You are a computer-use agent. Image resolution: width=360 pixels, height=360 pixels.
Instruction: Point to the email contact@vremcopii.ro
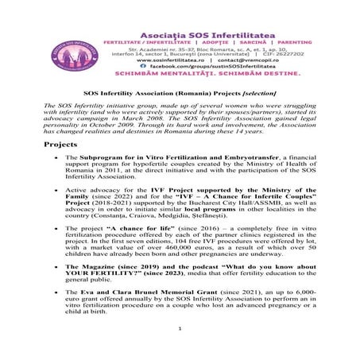[243, 59]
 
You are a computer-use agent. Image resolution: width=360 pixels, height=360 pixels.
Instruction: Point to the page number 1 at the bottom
[181, 350]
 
